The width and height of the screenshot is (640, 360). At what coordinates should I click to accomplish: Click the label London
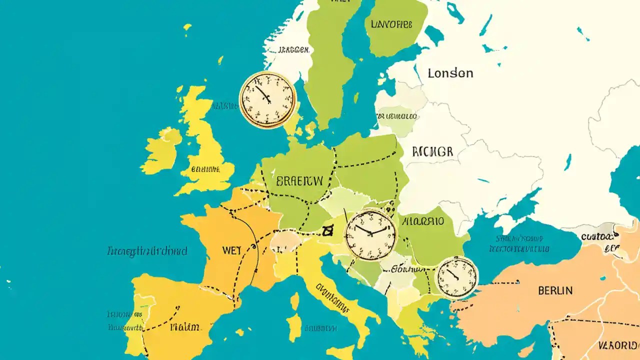pos(450,73)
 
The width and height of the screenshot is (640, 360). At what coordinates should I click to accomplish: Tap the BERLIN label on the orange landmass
pos(555,290)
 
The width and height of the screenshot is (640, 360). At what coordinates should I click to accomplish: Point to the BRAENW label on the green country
pos(299,181)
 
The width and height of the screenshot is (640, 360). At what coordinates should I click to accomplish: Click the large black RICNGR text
pos(432,151)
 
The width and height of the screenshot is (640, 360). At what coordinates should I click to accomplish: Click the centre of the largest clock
pos(371,234)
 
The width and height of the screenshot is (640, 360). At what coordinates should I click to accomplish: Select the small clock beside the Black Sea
pos(456,277)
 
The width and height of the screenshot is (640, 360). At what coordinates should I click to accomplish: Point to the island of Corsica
pos(295,301)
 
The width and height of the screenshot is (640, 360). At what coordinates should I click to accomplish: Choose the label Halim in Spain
pos(184,327)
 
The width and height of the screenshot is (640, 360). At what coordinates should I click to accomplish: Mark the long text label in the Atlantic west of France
pos(147,251)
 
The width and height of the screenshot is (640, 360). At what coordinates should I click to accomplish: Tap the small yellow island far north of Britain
pos(187,26)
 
